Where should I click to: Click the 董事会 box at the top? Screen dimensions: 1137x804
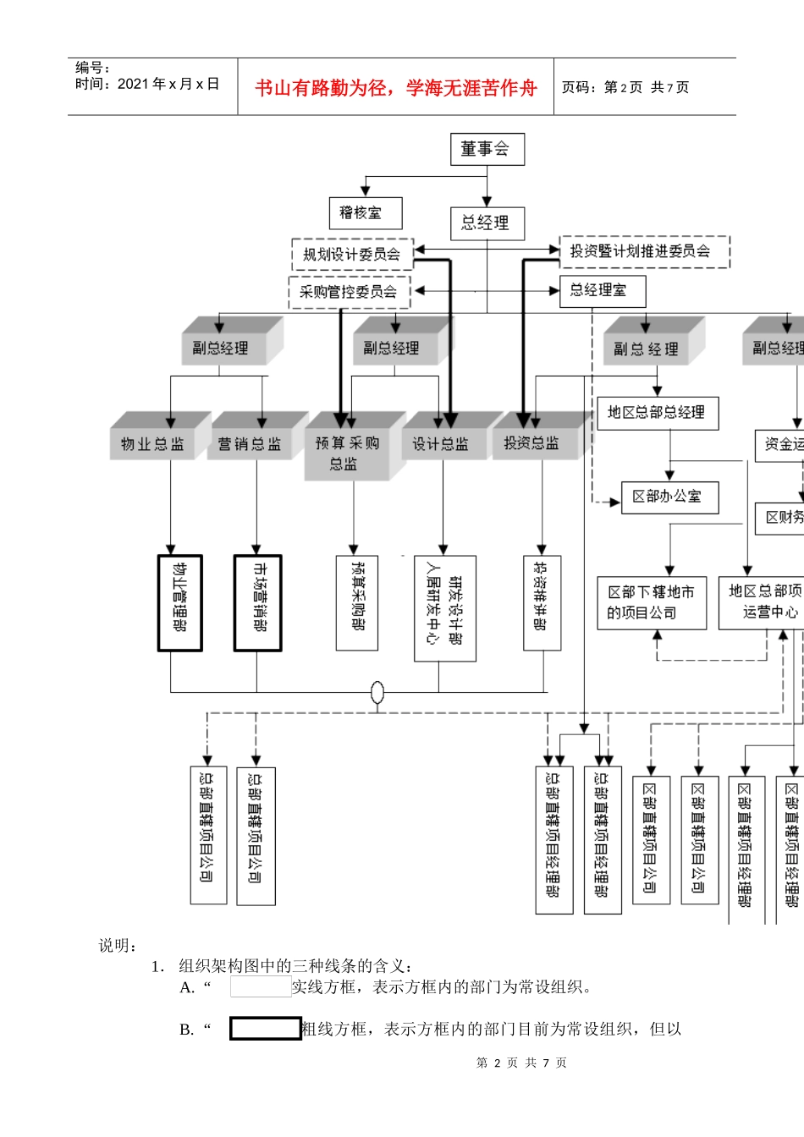click(x=487, y=149)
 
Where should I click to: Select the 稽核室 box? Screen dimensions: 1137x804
click(x=365, y=213)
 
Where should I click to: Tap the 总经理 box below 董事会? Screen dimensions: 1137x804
click(x=487, y=223)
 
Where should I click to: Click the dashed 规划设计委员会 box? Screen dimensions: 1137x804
click(x=352, y=254)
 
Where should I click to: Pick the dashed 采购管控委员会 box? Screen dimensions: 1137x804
click(x=349, y=292)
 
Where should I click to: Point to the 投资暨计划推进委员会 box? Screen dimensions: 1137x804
click(x=644, y=251)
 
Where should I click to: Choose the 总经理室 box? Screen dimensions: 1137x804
click(x=602, y=291)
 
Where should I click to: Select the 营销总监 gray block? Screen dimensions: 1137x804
click(x=250, y=444)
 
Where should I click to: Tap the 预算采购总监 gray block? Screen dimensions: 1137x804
click(x=347, y=453)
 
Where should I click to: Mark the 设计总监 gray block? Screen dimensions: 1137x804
click(x=440, y=444)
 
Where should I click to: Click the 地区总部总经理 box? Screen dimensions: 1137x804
click(x=658, y=413)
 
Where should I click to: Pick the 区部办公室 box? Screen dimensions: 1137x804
click(x=669, y=497)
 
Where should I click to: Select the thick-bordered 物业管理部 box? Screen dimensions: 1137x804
click(x=179, y=603)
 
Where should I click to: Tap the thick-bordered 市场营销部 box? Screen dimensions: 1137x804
click(x=257, y=603)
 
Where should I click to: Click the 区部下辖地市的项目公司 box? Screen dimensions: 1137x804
click(x=652, y=602)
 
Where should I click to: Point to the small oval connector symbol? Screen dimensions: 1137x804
click(x=377, y=693)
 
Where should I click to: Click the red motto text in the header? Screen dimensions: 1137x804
click(x=396, y=88)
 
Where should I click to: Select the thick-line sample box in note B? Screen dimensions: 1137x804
click(x=265, y=1029)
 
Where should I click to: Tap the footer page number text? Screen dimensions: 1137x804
click(x=521, y=1063)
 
